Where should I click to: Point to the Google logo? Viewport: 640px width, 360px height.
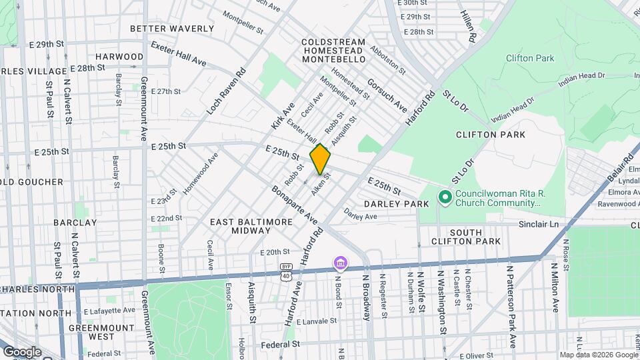tap(22, 351)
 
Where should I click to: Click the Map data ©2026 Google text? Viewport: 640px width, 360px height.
tap(598, 355)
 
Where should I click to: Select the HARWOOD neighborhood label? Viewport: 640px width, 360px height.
tap(119, 57)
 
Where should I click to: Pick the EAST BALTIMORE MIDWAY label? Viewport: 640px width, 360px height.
tap(241, 225)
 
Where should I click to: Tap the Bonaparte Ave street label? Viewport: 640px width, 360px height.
tap(294, 203)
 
